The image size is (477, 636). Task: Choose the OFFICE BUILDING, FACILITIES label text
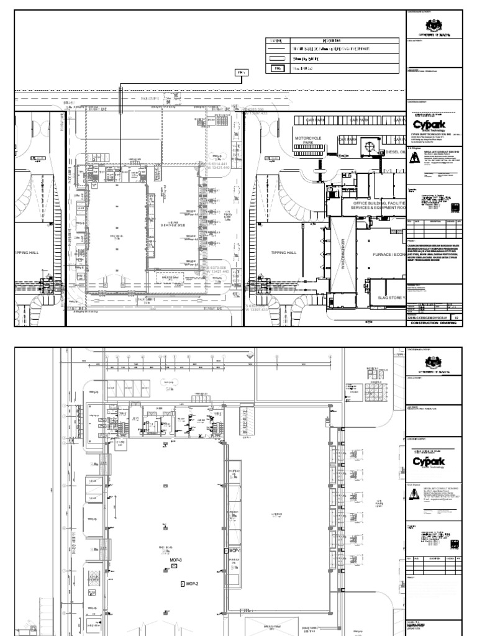point(378,203)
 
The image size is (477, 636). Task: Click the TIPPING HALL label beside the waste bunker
point(285,253)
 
